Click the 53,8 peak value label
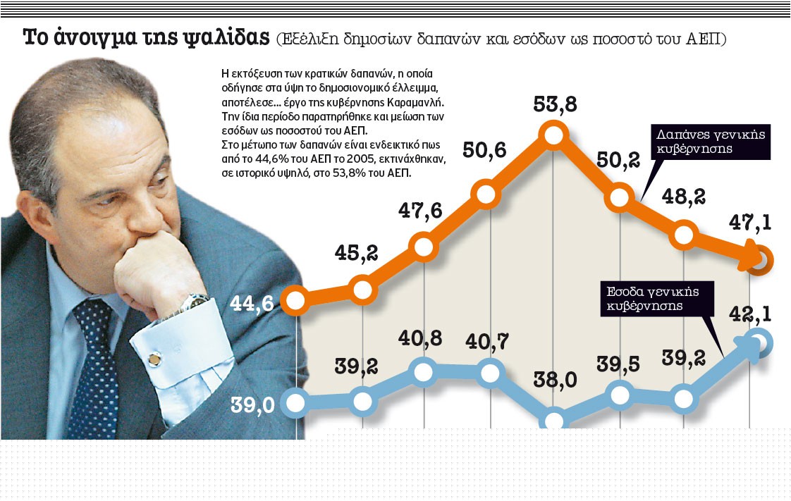click(556, 105)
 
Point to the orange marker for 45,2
click(362, 289)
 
